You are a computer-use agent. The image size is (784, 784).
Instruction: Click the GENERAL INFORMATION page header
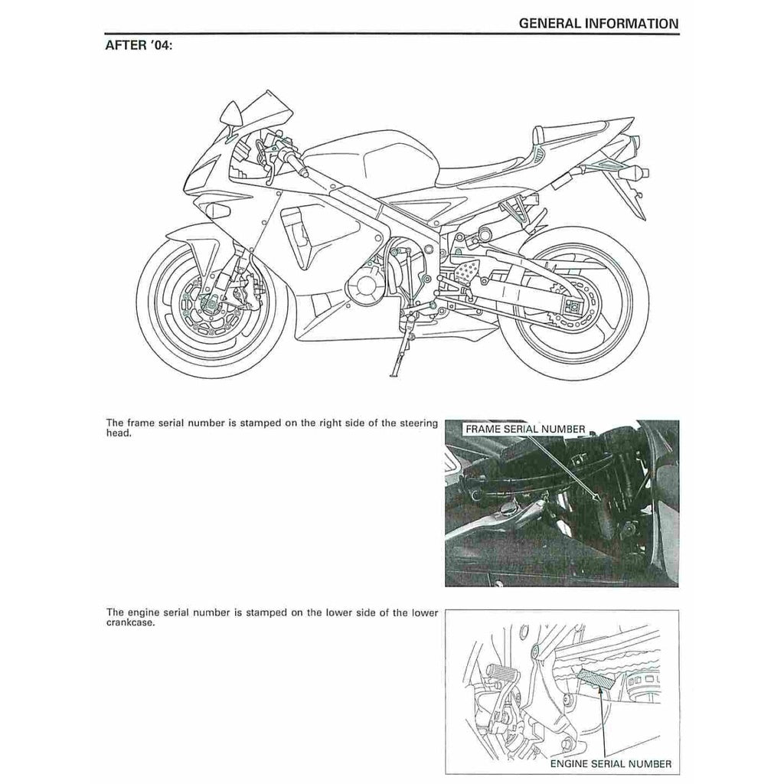click(x=598, y=23)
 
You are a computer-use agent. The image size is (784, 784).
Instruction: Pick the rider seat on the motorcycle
click(x=490, y=168)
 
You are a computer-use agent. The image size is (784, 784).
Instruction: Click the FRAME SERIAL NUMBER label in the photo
click(x=524, y=430)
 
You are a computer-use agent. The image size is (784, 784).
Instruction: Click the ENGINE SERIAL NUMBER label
click(x=611, y=763)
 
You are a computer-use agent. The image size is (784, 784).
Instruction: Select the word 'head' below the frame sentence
click(x=118, y=433)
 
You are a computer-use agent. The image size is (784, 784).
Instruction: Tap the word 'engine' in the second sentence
click(x=143, y=612)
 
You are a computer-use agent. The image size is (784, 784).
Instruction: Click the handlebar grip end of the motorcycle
click(x=304, y=172)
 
